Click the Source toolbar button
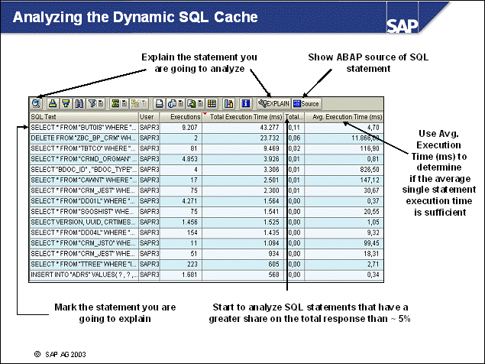(306, 103)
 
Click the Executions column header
(184, 117)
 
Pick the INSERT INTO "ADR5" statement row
(82, 273)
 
